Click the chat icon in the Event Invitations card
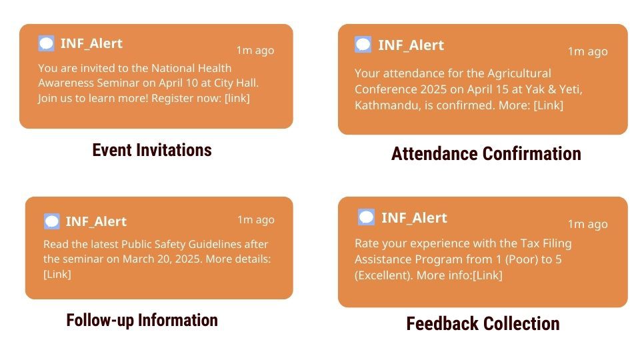(x=46, y=43)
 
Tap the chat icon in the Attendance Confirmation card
(x=363, y=45)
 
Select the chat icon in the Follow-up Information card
(x=52, y=221)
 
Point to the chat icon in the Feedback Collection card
(x=366, y=217)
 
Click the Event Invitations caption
(x=152, y=150)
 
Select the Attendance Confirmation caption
(x=486, y=154)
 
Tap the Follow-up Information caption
(x=142, y=321)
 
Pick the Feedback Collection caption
(x=483, y=324)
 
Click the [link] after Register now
(x=237, y=99)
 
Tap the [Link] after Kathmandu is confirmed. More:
(x=548, y=105)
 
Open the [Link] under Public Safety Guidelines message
(x=57, y=274)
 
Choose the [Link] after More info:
(x=487, y=275)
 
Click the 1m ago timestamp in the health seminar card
(x=255, y=50)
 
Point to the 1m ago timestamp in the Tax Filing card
(x=588, y=224)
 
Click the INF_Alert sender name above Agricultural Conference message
(x=411, y=45)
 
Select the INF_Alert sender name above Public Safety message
(x=96, y=221)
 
